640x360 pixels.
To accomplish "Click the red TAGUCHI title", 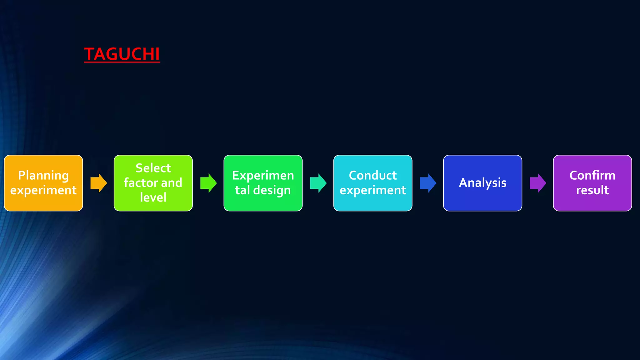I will [x=122, y=54].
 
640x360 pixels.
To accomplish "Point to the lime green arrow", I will [x=208, y=183].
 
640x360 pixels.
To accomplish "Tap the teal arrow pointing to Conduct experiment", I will [x=318, y=183].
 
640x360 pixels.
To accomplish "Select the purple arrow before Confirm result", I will [x=538, y=183].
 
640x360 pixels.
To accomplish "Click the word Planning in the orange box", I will [x=43, y=176].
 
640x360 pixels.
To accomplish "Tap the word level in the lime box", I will [x=153, y=197].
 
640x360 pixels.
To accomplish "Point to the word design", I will [x=272, y=190].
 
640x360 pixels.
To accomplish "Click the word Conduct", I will [x=372, y=176].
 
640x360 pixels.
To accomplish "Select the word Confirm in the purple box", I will [x=592, y=176].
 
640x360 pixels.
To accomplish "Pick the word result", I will [x=592, y=190].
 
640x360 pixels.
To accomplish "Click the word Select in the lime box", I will [x=153, y=168].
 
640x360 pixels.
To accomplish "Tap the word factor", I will [x=141, y=183].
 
